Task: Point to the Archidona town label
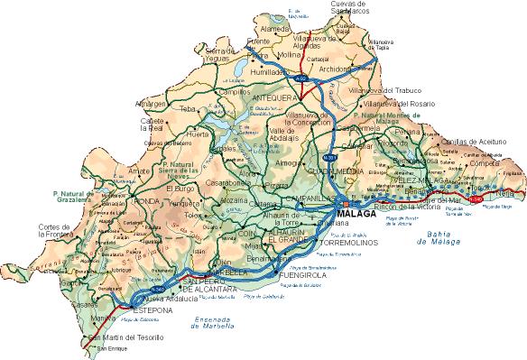pos(334,68)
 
